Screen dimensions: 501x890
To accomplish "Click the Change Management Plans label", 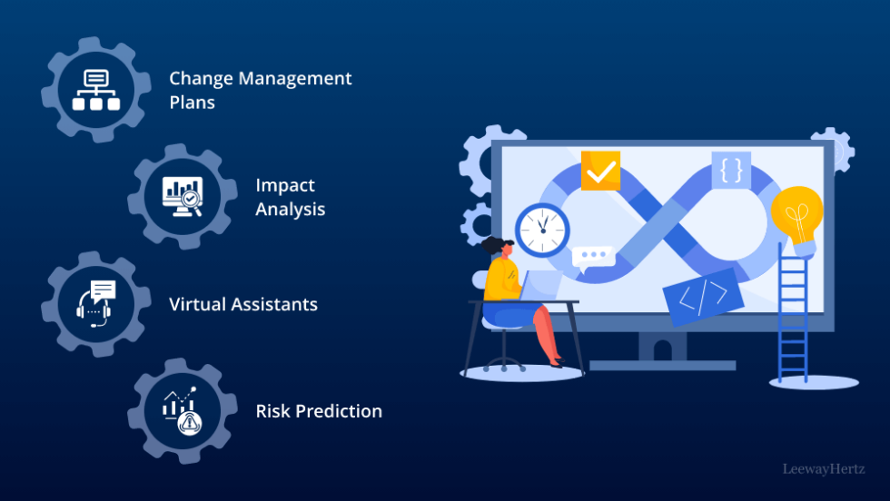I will coord(260,90).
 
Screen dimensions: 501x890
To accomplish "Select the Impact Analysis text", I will coord(290,197).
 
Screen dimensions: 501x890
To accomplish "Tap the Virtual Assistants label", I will coord(243,304).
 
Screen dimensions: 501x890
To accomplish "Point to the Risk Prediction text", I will coord(319,411).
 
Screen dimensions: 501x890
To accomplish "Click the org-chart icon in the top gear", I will coord(95,91).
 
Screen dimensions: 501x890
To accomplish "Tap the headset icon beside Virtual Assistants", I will coord(95,304).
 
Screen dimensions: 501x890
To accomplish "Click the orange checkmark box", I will coord(600,171).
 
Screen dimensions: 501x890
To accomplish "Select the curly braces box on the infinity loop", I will coord(731,170).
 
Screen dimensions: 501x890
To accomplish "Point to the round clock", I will coord(541,229).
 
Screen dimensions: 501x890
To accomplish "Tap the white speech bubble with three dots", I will coord(594,259).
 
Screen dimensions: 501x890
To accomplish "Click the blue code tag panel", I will coord(703,297).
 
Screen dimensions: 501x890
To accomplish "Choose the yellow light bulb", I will coord(796,215).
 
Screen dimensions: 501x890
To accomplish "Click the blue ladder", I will coord(792,318).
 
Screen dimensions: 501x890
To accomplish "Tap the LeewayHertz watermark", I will coord(825,468).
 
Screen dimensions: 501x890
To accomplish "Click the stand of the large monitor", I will coord(662,349).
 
